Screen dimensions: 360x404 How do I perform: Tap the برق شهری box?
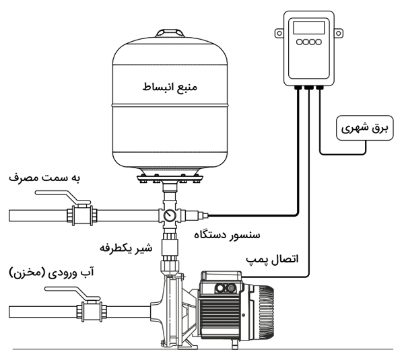[360, 128]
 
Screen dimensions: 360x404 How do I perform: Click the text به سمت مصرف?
[44, 178]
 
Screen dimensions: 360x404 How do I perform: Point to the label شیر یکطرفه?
[126, 247]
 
